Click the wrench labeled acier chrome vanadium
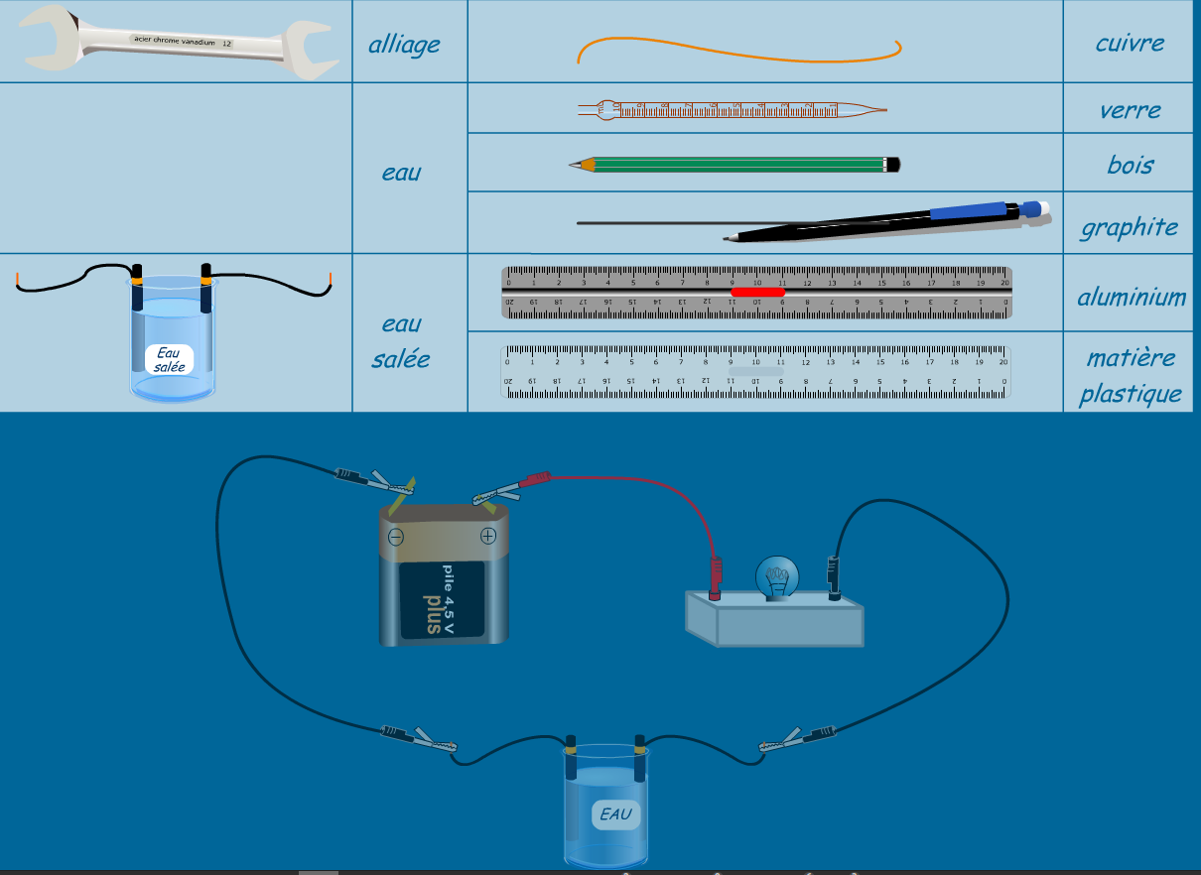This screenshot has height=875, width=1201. point(175,42)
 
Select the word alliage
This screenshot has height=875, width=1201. point(404,45)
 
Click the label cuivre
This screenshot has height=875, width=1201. point(1130,43)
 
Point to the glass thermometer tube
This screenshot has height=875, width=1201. point(732,110)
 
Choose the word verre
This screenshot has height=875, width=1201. point(1130,109)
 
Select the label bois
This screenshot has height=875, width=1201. point(1131,164)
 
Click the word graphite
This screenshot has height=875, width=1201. point(1129,227)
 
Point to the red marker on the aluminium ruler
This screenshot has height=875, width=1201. point(757,292)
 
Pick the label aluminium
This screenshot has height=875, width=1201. point(1132,297)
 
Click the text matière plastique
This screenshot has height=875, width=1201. point(1131,376)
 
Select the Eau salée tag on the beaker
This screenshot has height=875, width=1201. point(170,359)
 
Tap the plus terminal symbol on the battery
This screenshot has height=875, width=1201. point(487,536)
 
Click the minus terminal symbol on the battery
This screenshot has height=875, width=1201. point(395,537)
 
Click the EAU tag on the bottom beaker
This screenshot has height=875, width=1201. point(614,815)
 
